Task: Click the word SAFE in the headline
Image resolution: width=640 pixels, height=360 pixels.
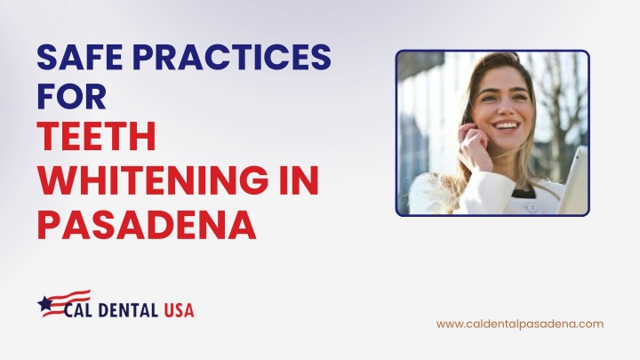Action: tap(80, 57)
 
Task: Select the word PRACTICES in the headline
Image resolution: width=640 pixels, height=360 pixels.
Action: tap(232, 57)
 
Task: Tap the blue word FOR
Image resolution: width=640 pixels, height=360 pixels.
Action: tap(72, 96)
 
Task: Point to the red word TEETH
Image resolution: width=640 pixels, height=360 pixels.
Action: tap(96, 136)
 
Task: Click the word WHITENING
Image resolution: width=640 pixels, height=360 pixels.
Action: tap(153, 180)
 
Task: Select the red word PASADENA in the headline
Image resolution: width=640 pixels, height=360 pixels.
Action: tap(147, 224)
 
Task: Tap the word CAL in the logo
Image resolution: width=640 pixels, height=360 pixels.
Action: tap(79, 310)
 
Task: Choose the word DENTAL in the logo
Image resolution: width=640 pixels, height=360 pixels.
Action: tap(128, 310)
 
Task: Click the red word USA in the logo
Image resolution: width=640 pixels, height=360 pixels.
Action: tap(179, 310)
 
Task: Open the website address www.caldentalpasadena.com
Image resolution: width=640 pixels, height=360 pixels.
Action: tap(520, 324)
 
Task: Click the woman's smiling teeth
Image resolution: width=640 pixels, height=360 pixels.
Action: tap(506, 124)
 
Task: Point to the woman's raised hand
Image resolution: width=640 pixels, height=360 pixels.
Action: tap(474, 146)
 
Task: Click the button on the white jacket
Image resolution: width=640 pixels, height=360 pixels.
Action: tap(532, 208)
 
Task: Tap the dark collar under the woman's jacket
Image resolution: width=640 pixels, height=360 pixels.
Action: tap(524, 193)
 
